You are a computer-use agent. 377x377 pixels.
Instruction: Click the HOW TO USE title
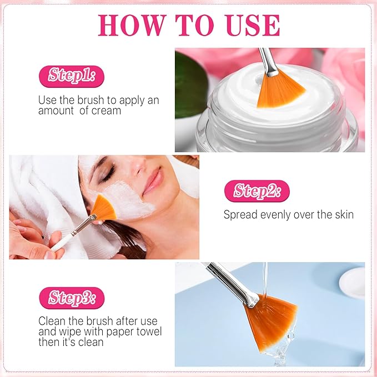189,26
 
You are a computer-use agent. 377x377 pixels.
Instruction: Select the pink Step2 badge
257,192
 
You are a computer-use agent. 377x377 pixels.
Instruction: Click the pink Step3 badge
71,298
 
